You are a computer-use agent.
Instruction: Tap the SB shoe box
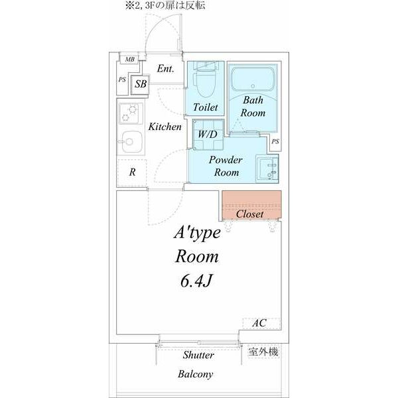[x=141, y=84]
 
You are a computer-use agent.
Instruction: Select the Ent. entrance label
[x=165, y=68]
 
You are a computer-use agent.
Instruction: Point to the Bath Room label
[x=253, y=107]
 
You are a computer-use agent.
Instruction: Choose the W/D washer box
[x=206, y=133]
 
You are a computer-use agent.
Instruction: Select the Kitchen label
[x=165, y=126]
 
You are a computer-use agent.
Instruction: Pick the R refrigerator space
[x=133, y=172]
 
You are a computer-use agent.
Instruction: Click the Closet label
[x=250, y=214]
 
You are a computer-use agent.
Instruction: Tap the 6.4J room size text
[x=195, y=281]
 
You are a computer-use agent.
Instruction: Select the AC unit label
[x=259, y=323]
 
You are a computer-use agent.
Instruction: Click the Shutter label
[x=198, y=356]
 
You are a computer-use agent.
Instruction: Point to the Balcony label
[x=195, y=375]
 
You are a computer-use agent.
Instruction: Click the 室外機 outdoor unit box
[x=263, y=352]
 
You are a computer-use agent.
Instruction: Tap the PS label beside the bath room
[x=275, y=141]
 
